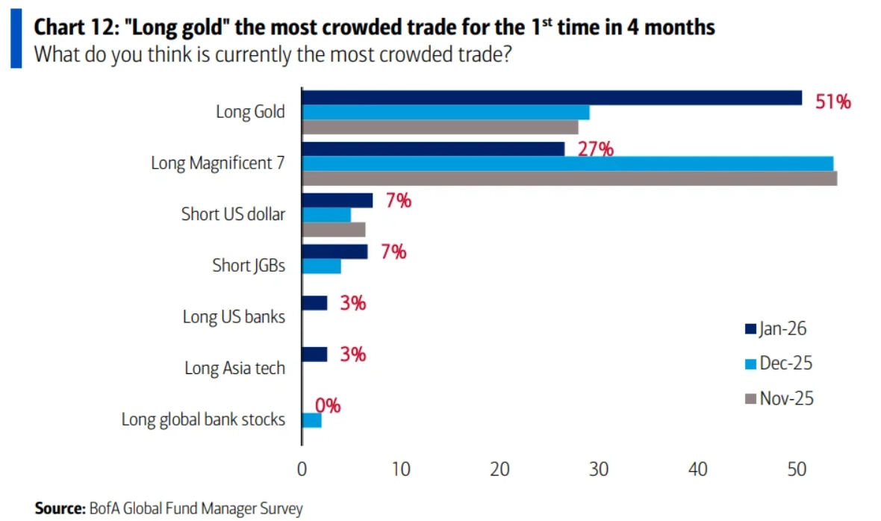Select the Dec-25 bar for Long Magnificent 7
click(x=567, y=163)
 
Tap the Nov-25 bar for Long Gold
click(x=440, y=127)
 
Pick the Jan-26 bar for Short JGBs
click(x=334, y=252)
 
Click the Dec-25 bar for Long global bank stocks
click(x=311, y=420)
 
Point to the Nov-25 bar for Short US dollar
click(x=333, y=229)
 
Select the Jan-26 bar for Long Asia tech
click(x=314, y=354)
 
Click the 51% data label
click(x=833, y=102)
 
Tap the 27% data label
click(x=595, y=149)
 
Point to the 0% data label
click(x=328, y=406)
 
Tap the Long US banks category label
click(x=234, y=316)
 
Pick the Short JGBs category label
click(x=249, y=265)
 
